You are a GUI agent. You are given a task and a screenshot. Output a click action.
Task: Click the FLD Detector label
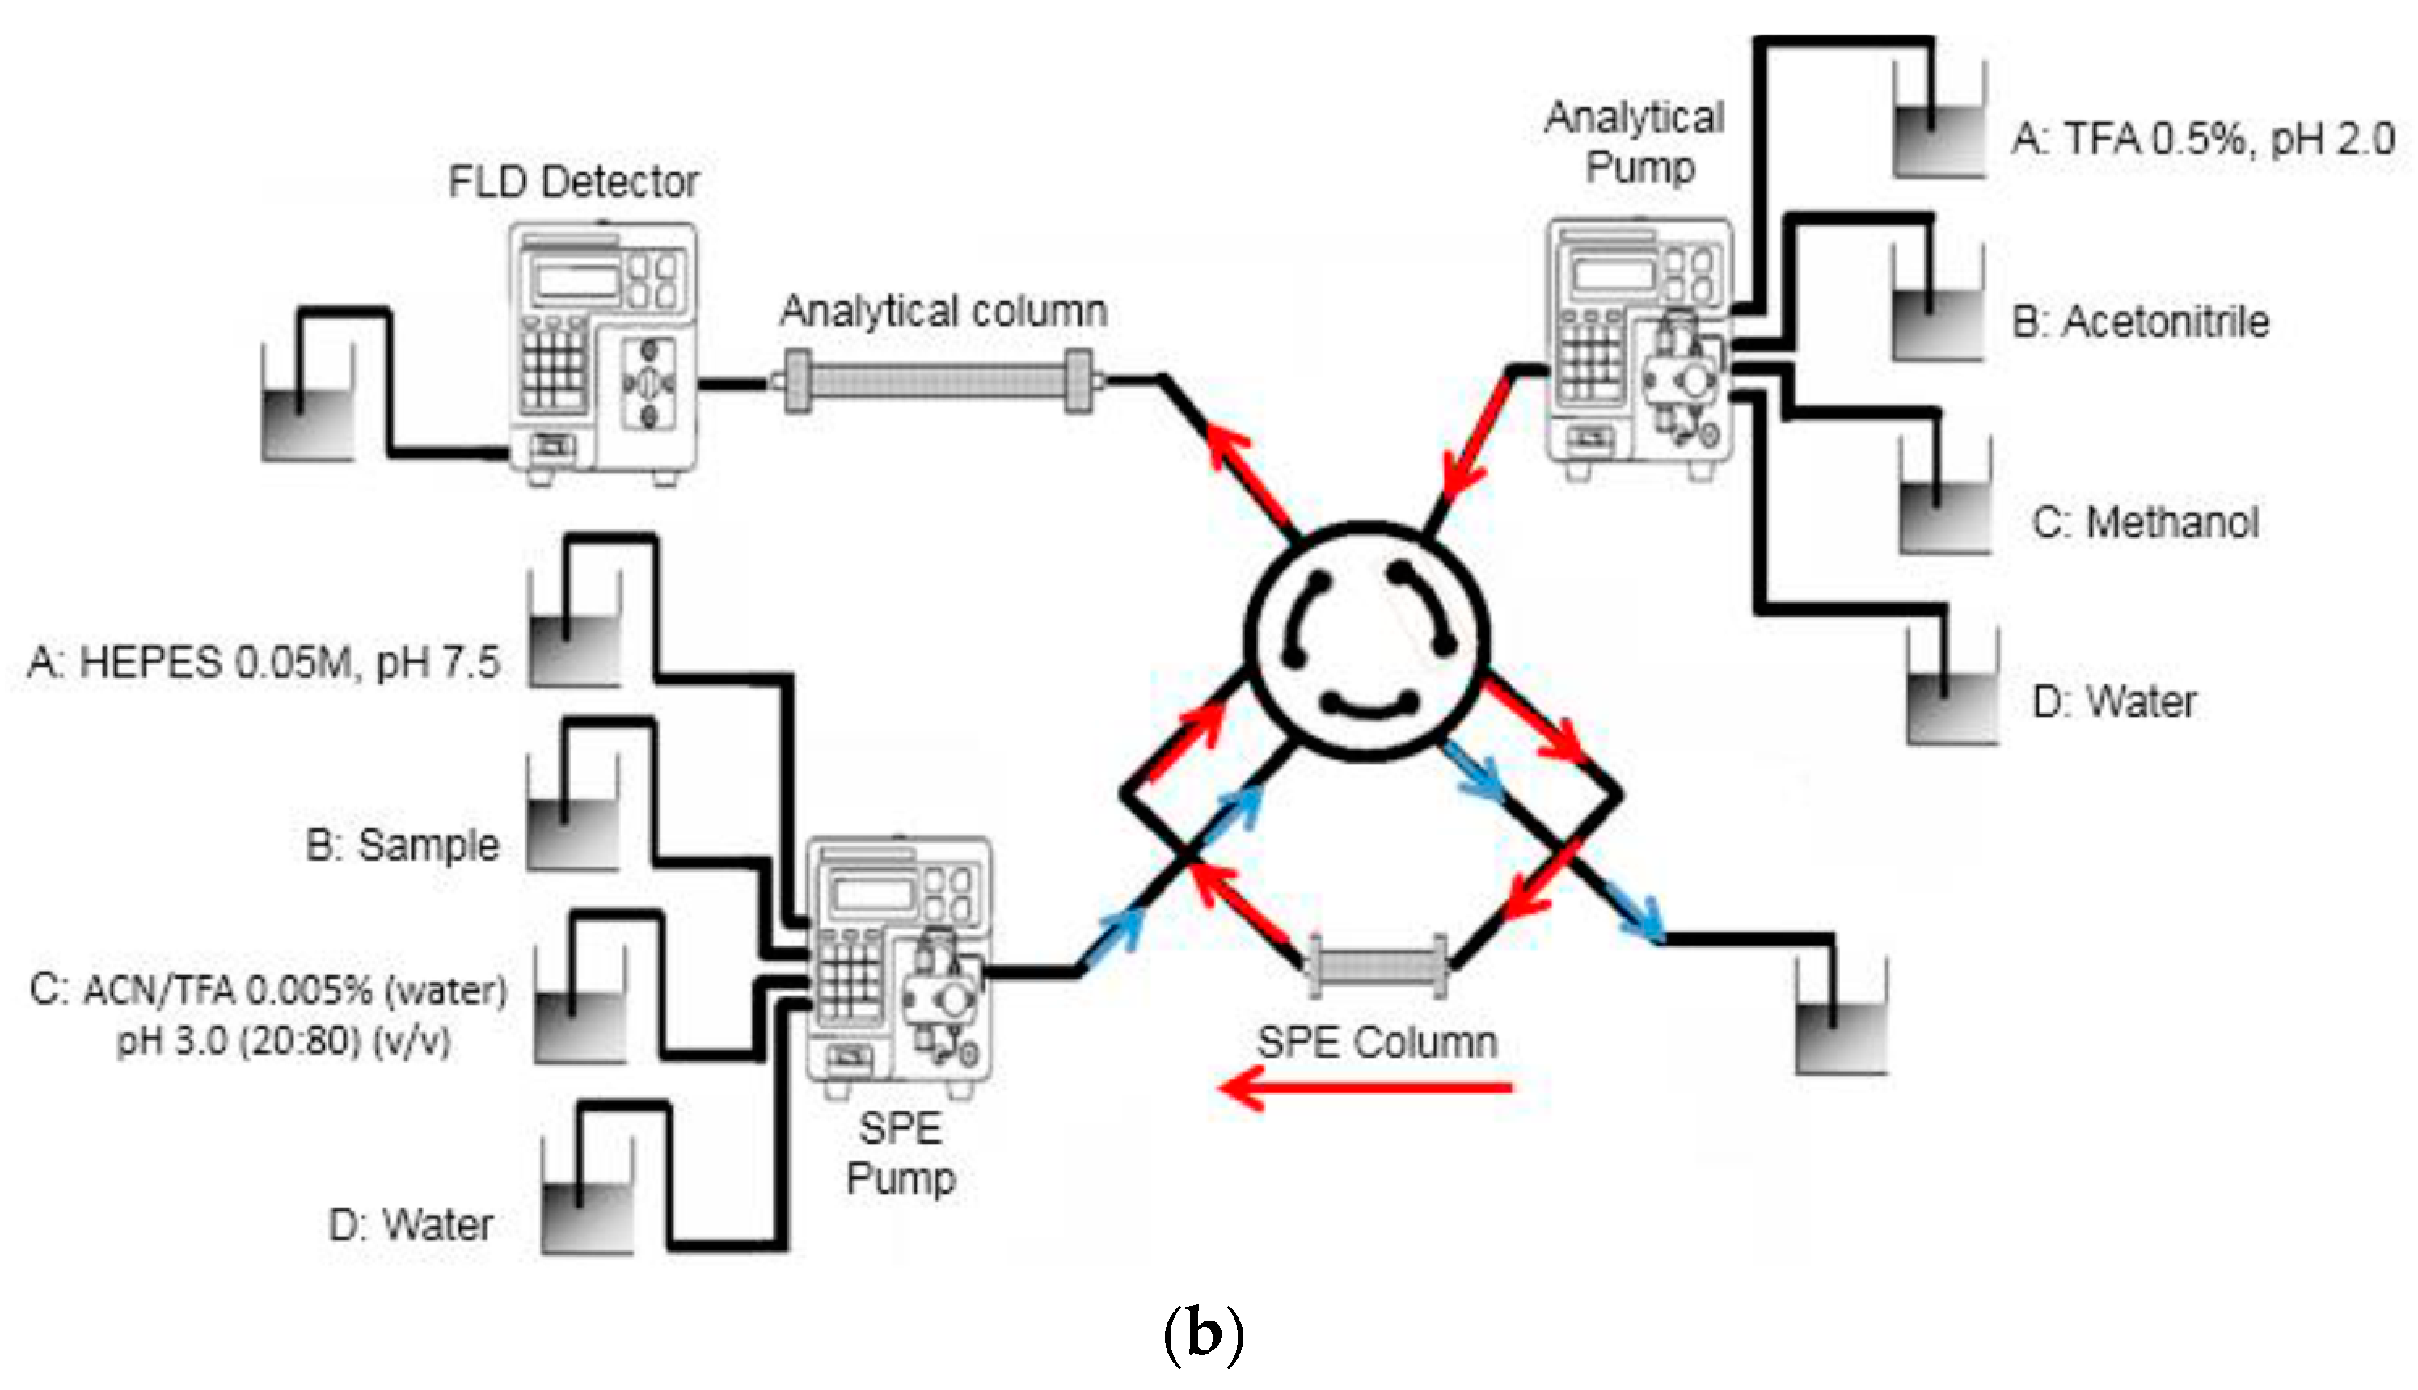click(x=573, y=181)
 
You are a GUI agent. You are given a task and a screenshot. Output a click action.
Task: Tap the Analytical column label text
click(x=943, y=311)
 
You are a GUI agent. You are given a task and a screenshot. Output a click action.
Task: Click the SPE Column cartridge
click(x=1376, y=966)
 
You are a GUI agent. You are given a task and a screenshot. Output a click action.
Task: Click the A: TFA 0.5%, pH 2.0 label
click(x=2202, y=139)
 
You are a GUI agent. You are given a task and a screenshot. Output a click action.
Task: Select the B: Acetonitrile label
click(x=2140, y=322)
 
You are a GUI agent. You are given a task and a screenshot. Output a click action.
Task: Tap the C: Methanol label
click(x=2145, y=522)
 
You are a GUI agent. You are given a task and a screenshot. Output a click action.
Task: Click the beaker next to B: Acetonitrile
click(x=1938, y=315)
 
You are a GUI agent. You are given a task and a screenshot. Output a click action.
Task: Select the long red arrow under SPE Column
click(x=1366, y=1088)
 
